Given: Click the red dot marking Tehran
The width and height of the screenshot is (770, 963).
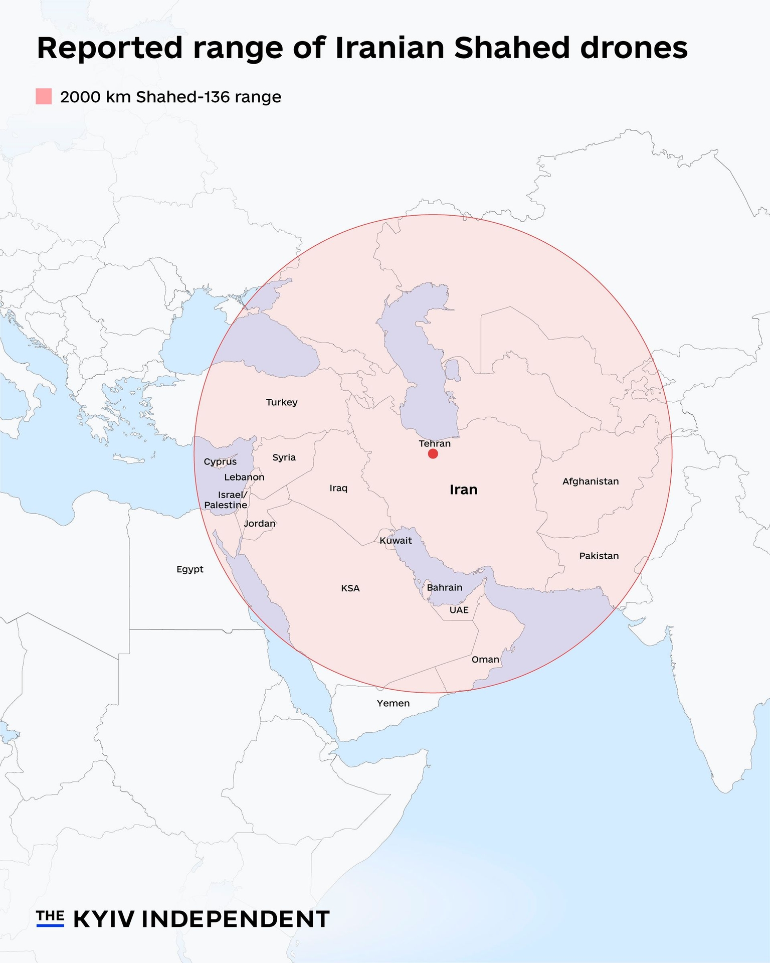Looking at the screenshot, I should (433, 454).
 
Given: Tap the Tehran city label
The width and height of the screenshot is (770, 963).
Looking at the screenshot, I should (435, 443).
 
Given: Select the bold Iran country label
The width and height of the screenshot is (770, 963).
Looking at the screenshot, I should (463, 490).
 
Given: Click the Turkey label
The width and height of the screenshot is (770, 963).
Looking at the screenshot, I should (282, 402).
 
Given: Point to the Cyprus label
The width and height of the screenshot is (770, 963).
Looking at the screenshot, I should (220, 461).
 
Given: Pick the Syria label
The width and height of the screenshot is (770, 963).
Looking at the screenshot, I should (284, 457).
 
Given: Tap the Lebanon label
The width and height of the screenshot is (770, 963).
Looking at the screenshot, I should (244, 477).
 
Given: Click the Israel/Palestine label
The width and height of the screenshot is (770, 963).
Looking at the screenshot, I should (226, 500).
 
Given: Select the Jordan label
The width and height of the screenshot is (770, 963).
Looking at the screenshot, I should (260, 524).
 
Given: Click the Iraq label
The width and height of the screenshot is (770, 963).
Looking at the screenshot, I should (338, 488).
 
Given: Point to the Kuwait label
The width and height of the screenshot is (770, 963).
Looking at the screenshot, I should (396, 541).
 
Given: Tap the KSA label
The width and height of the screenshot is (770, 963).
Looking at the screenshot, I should (350, 588).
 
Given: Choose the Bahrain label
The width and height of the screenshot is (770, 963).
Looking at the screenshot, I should (445, 587).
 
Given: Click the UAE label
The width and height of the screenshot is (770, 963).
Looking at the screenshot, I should (459, 610).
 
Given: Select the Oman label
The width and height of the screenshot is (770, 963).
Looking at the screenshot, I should (485, 660).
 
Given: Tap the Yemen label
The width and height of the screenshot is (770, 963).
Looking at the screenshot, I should (394, 703).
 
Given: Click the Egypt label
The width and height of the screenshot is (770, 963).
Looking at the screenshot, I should (190, 569).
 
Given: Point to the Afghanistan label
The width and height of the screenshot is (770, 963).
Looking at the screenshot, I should (591, 481).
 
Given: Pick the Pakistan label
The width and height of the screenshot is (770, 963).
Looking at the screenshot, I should (599, 556).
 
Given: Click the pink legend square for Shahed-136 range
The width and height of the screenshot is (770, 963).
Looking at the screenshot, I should (44, 96).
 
